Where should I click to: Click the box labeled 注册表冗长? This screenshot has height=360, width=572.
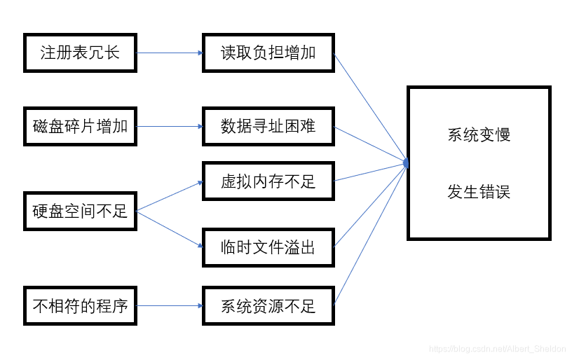click(x=80, y=53)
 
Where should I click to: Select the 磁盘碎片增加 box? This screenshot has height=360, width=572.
click(x=80, y=127)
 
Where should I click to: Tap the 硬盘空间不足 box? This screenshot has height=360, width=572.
click(x=80, y=211)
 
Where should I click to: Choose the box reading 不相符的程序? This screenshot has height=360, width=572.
click(x=80, y=306)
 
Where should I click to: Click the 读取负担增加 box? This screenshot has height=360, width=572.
click(x=268, y=53)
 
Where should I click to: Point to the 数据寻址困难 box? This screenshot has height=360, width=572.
click(x=268, y=127)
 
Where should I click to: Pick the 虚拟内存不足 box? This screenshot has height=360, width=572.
click(x=268, y=182)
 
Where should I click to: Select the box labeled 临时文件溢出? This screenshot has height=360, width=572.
click(x=268, y=247)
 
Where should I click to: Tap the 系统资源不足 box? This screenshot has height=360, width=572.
click(x=268, y=306)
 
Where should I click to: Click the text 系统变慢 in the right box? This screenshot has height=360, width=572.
click(x=479, y=135)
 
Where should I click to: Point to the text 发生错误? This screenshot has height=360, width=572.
click(x=479, y=191)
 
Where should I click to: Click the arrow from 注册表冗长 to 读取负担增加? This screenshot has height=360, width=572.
click(x=169, y=53)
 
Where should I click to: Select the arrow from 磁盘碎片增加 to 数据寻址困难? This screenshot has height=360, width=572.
click(x=169, y=127)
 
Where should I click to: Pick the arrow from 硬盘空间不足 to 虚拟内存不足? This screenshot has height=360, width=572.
click(x=169, y=196)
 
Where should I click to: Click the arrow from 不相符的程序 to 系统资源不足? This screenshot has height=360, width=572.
click(x=169, y=306)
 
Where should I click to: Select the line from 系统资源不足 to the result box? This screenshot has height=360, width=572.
click(x=369, y=235)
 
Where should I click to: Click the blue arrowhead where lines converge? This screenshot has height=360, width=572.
click(x=406, y=163)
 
